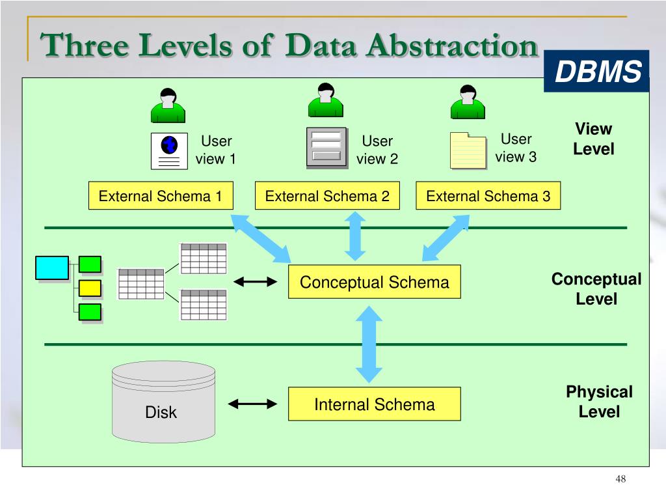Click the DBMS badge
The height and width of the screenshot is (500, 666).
(x=596, y=72)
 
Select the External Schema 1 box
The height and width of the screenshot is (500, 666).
(x=161, y=196)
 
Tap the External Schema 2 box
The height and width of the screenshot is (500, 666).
(x=327, y=196)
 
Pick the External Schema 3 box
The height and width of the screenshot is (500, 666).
(x=488, y=196)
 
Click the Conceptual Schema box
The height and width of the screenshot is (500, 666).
(x=374, y=282)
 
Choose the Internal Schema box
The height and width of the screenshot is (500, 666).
(x=374, y=404)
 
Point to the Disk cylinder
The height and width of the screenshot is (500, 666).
(x=163, y=402)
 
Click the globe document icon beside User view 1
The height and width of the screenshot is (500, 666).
(x=169, y=151)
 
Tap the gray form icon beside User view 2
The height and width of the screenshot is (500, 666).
(x=326, y=148)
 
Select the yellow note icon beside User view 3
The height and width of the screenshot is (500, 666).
(x=468, y=150)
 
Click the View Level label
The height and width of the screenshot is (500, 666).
(x=593, y=139)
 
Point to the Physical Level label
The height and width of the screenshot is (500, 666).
(x=599, y=402)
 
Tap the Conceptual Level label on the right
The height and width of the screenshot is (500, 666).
(x=596, y=289)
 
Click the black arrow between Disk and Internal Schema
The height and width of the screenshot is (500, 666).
(x=253, y=404)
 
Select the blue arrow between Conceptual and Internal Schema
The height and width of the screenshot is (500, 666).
(x=369, y=342)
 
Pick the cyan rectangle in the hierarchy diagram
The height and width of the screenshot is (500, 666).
(x=51, y=268)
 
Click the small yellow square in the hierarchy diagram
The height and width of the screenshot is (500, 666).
(x=90, y=288)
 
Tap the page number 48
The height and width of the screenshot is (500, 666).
(x=620, y=480)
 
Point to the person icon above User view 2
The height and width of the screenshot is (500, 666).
(x=325, y=100)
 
